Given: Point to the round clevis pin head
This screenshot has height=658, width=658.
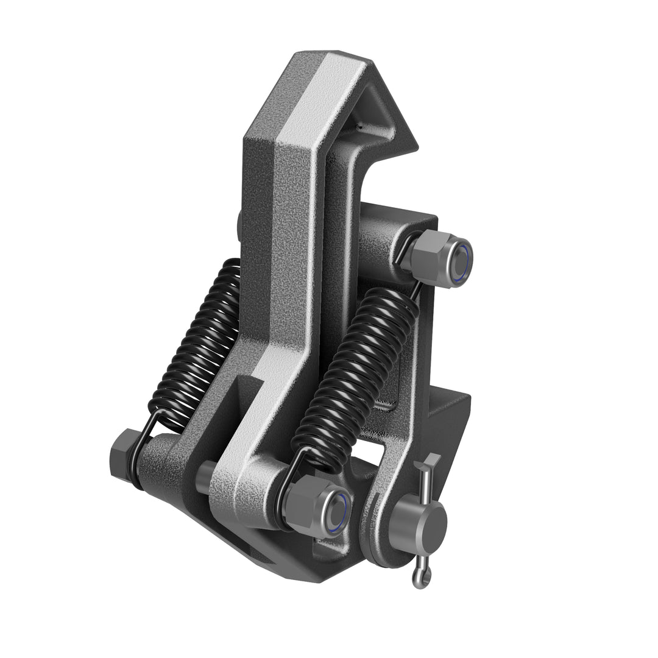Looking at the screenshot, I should [x=420, y=522].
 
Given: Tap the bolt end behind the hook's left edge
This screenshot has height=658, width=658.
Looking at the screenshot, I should [x=239, y=223].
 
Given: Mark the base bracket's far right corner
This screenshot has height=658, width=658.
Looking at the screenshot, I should [x=469, y=396].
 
